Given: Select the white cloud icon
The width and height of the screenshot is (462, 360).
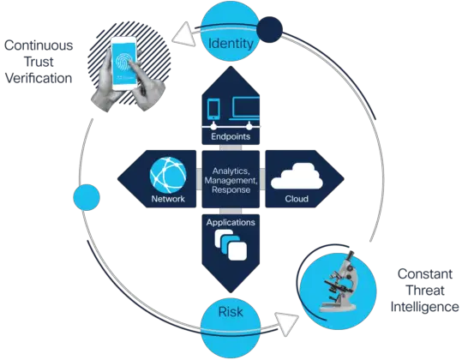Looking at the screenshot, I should pos(295,175).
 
